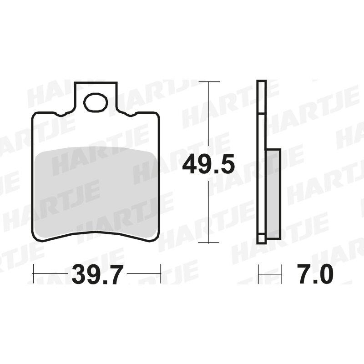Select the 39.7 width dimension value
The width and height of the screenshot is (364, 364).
tap(97, 274)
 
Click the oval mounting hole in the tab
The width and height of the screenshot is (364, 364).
tap(96, 102)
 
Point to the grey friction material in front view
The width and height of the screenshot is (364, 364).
tap(95, 192)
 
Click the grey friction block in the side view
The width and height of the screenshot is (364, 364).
tap(274, 194)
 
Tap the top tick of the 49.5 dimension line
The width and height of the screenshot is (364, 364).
tap(209, 82)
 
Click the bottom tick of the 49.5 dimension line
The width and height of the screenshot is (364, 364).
tap(208, 243)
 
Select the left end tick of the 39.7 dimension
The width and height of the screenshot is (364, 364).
tap(33, 273)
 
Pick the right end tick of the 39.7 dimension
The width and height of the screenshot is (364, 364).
tap(161, 273)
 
